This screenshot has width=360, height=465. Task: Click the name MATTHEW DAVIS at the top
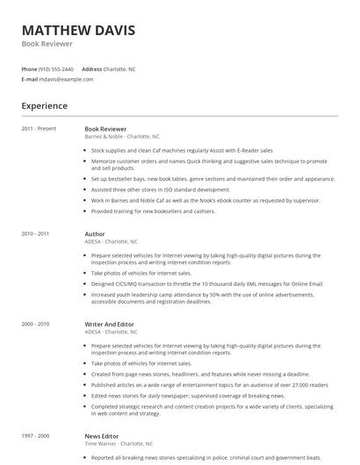pos(78,30)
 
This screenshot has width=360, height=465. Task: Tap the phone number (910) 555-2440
pos(57,68)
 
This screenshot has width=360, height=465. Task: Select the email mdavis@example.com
pos(66,79)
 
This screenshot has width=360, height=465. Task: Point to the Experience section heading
pos(44,106)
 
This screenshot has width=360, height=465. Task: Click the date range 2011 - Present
pos(39,129)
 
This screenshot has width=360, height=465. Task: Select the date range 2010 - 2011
pos(35,234)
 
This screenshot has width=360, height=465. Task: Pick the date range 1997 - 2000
pos(35,436)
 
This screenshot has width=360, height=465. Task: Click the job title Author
pos(95,234)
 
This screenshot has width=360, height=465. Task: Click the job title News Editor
pos(102,436)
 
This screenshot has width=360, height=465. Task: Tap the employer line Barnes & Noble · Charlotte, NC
pos(121,137)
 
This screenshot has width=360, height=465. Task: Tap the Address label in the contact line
pos(91,68)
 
